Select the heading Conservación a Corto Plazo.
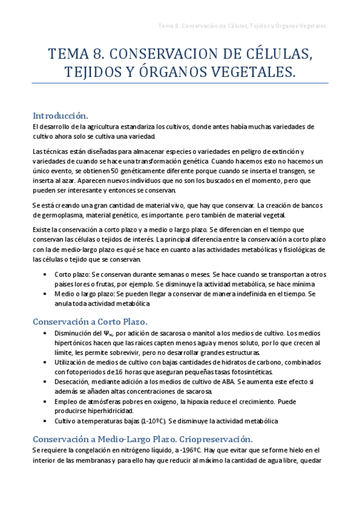tap(90, 321)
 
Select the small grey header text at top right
tap(242, 26)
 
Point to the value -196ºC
tap(189, 450)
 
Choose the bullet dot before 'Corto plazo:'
tap(47, 274)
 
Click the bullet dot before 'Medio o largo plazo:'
tap(47, 293)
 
